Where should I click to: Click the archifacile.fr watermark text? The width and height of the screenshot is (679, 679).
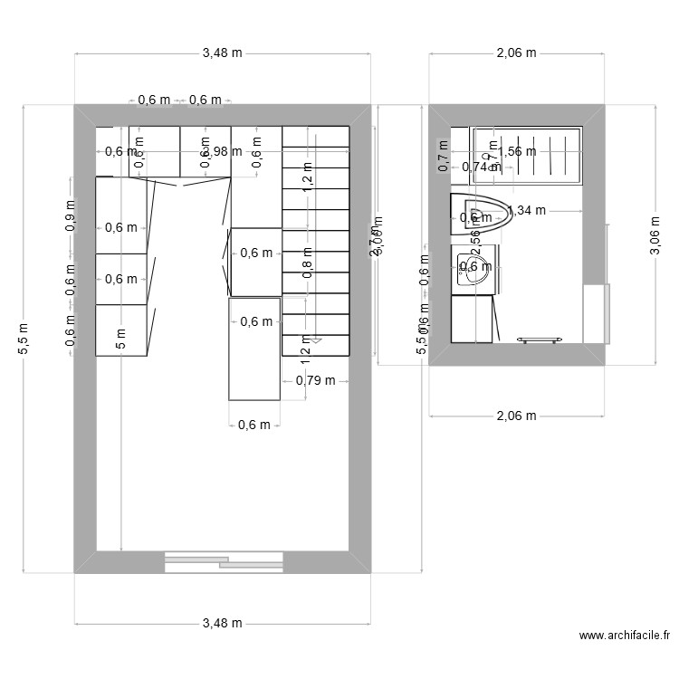(624, 637)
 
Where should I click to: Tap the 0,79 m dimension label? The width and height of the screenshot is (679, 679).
(315, 380)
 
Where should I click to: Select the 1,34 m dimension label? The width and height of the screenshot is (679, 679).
(527, 211)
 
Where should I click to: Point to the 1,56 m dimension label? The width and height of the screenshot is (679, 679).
(517, 151)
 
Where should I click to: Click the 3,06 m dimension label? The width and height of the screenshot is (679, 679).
(655, 235)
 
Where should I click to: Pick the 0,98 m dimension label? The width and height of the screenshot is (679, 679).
(222, 151)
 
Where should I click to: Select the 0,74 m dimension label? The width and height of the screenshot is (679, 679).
(481, 167)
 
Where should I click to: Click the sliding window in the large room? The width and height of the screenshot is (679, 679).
(224, 562)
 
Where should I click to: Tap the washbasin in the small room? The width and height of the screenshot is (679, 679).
(474, 268)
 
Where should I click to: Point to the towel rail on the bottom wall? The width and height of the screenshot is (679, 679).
(540, 339)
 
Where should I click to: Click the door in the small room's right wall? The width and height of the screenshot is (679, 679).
(596, 313)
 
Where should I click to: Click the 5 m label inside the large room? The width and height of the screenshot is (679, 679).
(120, 340)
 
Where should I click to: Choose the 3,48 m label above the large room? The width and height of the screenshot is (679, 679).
(222, 53)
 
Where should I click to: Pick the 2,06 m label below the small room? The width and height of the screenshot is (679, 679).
(516, 416)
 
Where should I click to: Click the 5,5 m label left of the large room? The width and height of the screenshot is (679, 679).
(24, 339)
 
